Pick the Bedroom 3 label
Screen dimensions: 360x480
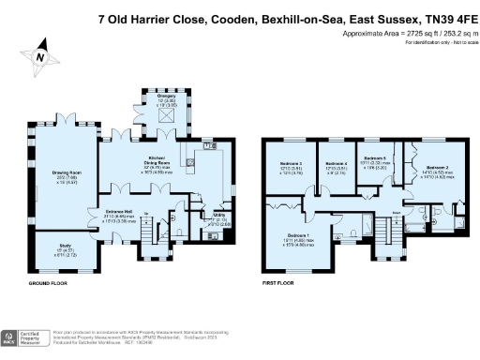[288, 169]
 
